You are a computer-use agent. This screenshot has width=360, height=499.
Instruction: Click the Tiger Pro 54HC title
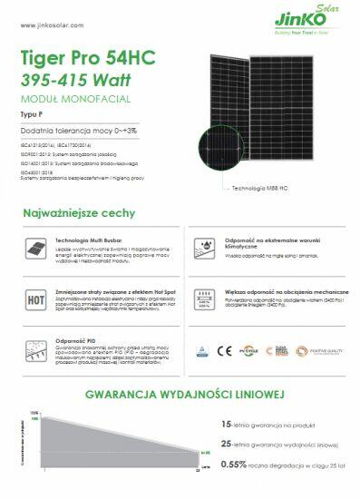87,58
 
